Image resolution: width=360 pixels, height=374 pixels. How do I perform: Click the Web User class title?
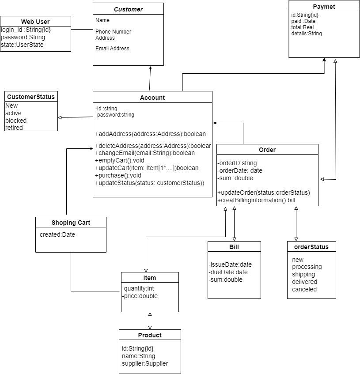(35, 22)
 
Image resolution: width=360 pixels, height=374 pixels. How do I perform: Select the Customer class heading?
(128, 9)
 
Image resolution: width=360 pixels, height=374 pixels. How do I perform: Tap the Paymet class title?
(324, 7)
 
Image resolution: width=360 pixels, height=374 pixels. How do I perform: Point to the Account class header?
(152, 98)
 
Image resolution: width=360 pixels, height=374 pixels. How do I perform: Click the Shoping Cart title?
(71, 223)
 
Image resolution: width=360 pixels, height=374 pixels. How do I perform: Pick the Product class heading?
(150, 335)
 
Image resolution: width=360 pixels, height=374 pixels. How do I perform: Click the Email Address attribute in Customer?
(112, 49)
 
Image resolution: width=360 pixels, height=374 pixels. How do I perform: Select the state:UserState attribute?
(22, 45)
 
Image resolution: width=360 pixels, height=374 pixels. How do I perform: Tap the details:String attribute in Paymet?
(306, 34)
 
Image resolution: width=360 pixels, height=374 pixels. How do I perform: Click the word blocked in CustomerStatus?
(16, 121)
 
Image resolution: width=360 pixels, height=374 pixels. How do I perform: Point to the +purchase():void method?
(118, 175)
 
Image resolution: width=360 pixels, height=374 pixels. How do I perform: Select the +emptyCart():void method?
(120, 161)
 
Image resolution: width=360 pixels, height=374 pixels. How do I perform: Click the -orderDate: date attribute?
(240, 171)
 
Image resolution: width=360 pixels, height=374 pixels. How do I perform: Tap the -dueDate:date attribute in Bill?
(228, 272)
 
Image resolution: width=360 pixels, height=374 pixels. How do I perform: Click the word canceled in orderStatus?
(304, 289)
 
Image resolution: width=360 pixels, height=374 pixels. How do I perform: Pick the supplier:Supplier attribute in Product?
(145, 363)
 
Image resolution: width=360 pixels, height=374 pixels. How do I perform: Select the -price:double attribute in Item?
(140, 296)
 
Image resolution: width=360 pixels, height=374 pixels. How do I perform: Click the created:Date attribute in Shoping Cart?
(57, 234)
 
